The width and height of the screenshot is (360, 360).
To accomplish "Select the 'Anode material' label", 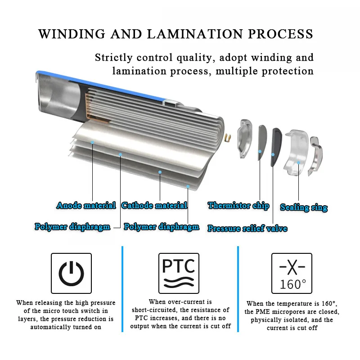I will pos(86,206).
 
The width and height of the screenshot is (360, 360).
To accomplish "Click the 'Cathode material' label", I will pos(154,206).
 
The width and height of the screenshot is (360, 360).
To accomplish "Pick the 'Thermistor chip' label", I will pos(238,206).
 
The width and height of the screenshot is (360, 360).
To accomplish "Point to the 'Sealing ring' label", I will pos(304,207).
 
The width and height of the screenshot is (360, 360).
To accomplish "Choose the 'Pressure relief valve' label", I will pos(247,229).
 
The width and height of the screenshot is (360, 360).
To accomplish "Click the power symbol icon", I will pos(71,274).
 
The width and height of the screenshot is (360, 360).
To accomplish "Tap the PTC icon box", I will pos(179,274).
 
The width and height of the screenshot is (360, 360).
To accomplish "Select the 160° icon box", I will pos(292,274).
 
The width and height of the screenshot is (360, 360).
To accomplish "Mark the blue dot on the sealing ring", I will pos(298,162).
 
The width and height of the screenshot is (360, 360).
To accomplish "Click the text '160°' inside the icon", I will pos(292,284).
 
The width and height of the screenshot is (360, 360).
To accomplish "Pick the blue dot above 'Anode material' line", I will pos(92,142).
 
